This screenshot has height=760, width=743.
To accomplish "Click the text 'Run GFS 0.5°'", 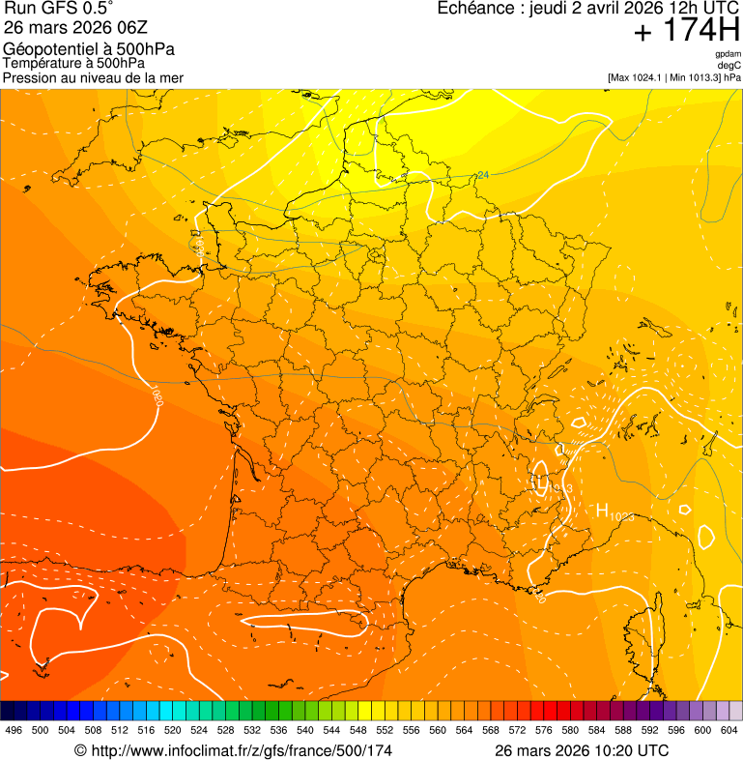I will pyautogui.click(x=59, y=9).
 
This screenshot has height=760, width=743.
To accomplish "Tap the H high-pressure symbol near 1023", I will pyautogui.click(x=601, y=511).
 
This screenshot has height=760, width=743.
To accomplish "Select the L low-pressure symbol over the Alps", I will pyautogui.click(x=542, y=481).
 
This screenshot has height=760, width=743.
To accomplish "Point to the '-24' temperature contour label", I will pyautogui.click(x=482, y=175).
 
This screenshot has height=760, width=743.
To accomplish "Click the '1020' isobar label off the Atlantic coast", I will pyautogui.click(x=156, y=396).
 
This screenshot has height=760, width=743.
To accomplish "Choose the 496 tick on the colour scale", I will pyautogui.click(x=14, y=730).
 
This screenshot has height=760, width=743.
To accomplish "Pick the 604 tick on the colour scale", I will pyautogui.click(x=729, y=730).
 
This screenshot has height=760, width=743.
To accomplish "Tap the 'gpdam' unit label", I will pyautogui.click(x=728, y=54).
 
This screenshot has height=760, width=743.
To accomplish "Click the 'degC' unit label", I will pyautogui.click(x=729, y=65).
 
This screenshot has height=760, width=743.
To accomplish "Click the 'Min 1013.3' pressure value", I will pyautogui.click(x=694, y=77).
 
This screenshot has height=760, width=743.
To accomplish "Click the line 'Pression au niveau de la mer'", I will pyautogui.click(x=93, y=77).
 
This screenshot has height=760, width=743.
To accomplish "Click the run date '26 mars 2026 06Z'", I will pyautogui.click(x=76, y=27).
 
